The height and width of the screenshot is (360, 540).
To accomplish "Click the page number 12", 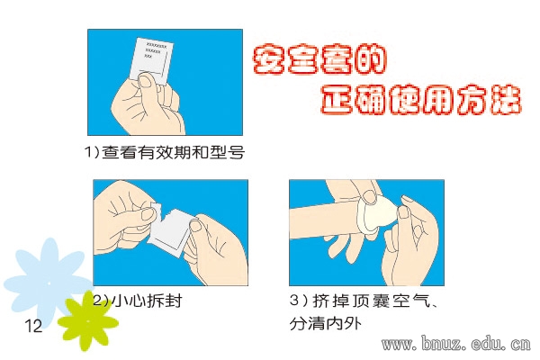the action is (x=33, y=326).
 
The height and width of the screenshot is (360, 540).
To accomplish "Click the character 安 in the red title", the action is (x=269, y=58).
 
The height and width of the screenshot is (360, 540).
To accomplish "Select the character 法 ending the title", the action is (x=506, y=99).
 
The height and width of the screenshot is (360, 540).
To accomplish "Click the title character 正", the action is (x=337, y=99).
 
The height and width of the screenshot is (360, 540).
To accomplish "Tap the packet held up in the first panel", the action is (x=151, y=61).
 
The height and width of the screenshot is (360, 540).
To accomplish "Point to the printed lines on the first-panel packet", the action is (x=156, y=50).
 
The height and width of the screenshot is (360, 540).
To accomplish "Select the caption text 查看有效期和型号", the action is (x=173, y=152).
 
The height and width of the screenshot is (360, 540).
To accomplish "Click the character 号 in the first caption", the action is (x=236, y=152).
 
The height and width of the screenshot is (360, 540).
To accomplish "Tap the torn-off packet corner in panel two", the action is (x=156, y=209).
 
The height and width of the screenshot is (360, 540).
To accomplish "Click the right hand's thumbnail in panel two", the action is (x=195, y=226).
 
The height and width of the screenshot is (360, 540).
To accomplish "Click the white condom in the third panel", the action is (x=376, y=213).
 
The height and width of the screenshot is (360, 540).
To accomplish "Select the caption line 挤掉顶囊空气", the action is (x=371, y=301).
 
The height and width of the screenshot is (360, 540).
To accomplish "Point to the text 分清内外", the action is (x=326, y=323).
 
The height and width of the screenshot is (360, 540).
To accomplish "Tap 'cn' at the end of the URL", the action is (x=521, y=344).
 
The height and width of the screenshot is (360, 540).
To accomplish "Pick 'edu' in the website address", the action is (x=486, y=344).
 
